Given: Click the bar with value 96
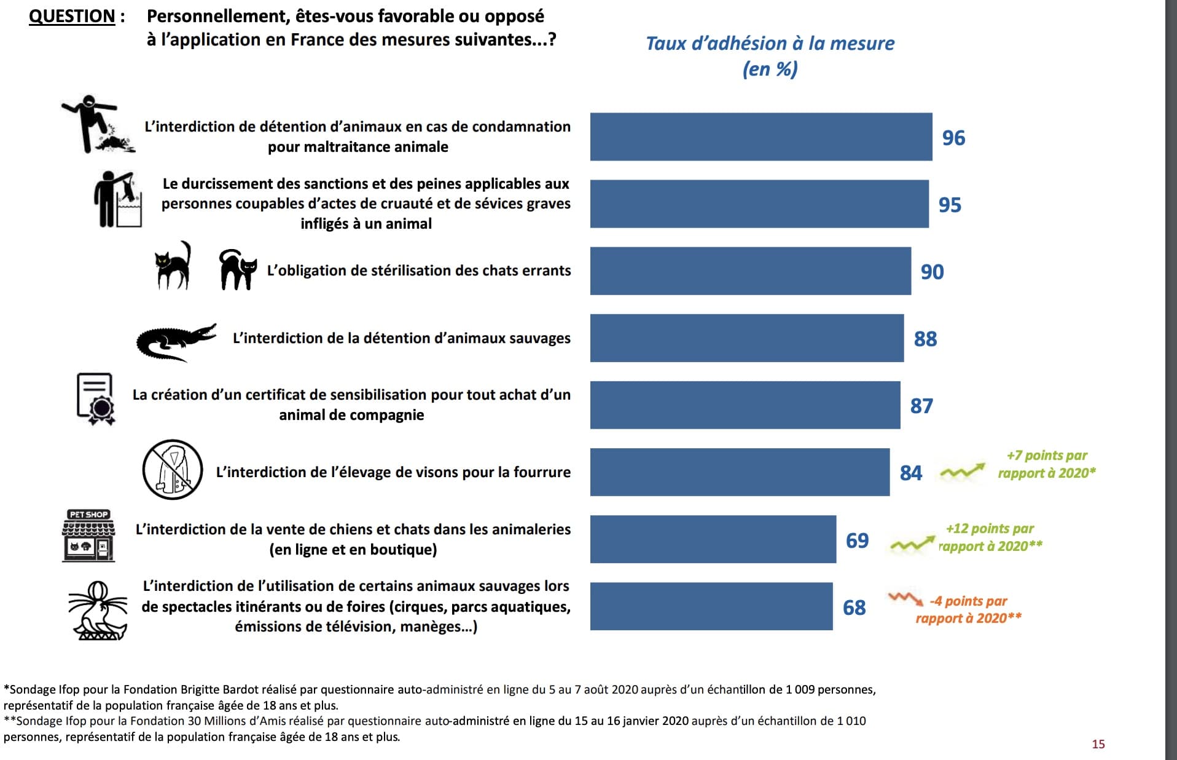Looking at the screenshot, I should pyautogui.click(x=761, y=137).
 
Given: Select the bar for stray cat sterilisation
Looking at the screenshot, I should pyautogui.click(x=750, y=271).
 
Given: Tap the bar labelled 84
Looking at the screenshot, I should pyautogui.click(x=740, y=472).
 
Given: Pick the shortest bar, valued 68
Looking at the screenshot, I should pyautogui.click(x=711, y=606).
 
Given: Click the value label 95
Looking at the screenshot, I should pyautogui.click(x=950, y=205).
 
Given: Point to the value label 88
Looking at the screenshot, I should pyautogui.click(x=925, y=339).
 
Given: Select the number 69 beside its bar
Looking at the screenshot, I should pyautogui.click(x=857, y=540).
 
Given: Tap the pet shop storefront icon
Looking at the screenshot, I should pyautogui.click(x=89, y=536).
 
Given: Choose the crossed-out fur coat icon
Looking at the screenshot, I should pyautogui.click(x=173, y=469).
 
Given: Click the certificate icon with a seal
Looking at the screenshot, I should pyautogui.click(x=96, y=399).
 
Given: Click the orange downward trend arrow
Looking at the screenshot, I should pyautogui.click(x=905, y=598).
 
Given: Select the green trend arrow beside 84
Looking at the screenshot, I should pyautogui.click(x=962, y=472).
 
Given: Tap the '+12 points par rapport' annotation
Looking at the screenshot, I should pyautogui.click(x=990, y=537).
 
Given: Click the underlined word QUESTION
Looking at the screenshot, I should pyautogui.click(x=72, y=16).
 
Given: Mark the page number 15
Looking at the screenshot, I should pyautogui.click(x=1098, y=744).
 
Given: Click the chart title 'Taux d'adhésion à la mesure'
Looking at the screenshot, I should pyautogui.click(x=770, y=44).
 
